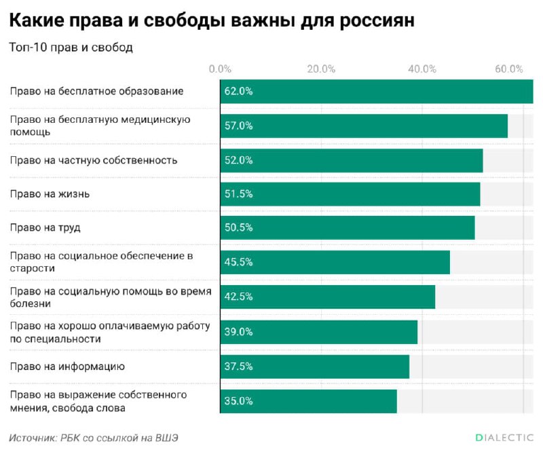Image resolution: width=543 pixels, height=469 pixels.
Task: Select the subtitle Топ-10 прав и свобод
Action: [x=71, y=48]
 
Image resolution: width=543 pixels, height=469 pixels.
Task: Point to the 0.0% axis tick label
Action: [x=221, y=69]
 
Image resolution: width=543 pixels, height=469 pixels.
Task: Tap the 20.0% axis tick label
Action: [x=321, y=69]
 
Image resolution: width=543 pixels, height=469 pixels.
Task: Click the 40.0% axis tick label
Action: [x=422, y=69]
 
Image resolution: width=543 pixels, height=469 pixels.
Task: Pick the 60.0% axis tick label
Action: [x=509, y=69]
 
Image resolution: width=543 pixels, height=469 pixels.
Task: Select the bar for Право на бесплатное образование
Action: [x=376, y=91]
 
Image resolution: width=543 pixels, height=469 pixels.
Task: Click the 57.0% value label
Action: [x=238, y=126]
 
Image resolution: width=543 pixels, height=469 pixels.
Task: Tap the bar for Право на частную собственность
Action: [x=351, y=160]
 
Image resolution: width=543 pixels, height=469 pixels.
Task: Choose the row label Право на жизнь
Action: [x=50, y=194]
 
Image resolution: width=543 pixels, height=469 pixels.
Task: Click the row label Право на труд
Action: [x=45, y=228]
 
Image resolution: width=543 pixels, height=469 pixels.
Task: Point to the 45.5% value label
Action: [x=238, y=263]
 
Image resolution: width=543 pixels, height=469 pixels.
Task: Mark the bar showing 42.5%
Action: [x=327, y=297]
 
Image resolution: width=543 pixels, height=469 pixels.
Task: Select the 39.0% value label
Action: [x=238, y=332]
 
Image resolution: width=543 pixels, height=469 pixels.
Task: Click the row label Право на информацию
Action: [x=67, y=367]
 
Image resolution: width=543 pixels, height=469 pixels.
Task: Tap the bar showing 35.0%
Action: [x=308, y=400]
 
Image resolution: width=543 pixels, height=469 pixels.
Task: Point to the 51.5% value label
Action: [x=238, y=194]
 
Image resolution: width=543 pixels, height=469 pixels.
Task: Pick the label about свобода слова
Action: [x=98, y=401]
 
